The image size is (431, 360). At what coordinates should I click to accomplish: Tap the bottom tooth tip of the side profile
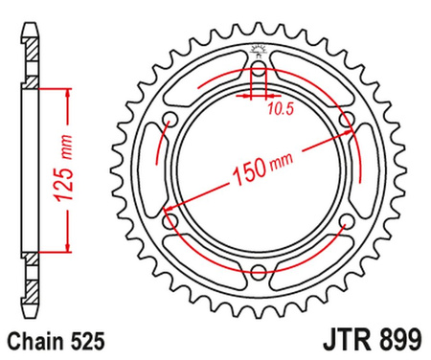(31, 326)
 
